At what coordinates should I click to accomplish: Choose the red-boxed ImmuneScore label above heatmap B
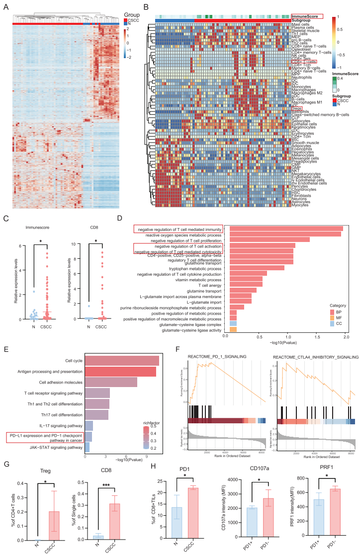[306, 16]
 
